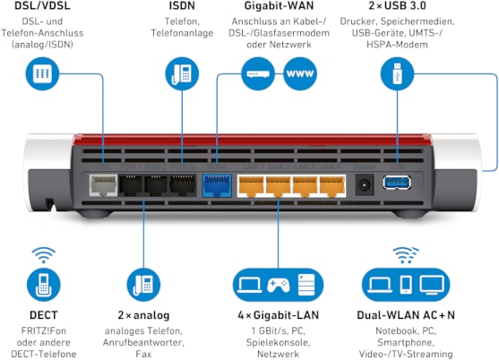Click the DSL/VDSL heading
point(42,5)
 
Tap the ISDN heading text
point(182,5)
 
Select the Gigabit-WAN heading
point(280,5)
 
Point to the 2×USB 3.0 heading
point(397,5)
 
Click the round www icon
point(300,73)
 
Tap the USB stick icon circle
point(397,73)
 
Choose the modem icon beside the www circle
point(258,73)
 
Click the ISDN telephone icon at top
point(182,73)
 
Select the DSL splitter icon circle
point(42,73)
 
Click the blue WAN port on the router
point(217,185)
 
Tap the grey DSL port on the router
point(103,184)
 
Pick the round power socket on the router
point(365,184)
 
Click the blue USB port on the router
point(397,183)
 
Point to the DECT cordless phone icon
point(44,285)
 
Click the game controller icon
point(278,285)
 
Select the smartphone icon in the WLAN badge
point(406,284)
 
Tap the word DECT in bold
point(44,315)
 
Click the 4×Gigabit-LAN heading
point(278,315)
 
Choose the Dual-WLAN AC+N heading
point(406,315)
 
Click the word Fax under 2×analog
point(143,354)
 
